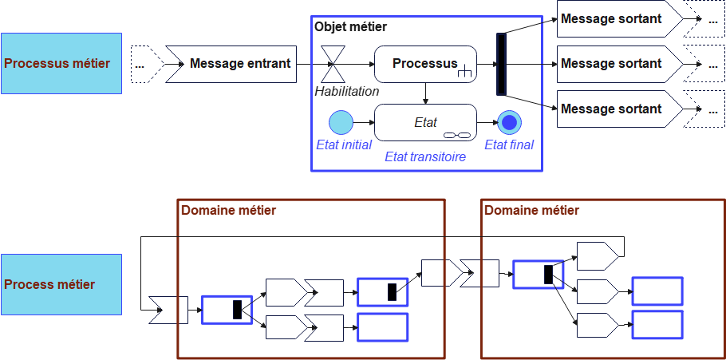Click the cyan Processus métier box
pos(61,63)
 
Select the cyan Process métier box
pos(61,284)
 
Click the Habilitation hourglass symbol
pos(333,63)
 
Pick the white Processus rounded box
pos(424,64)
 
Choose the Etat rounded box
pos(424,122)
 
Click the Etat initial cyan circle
pos(341,122)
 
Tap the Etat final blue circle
pos(509,122)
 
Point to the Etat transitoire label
pos(424,156)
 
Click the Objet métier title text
pos(351,26)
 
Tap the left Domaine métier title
pos(229,211)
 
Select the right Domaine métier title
pos(531,211)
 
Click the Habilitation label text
pos(346,91)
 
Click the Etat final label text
pos(509,144)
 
